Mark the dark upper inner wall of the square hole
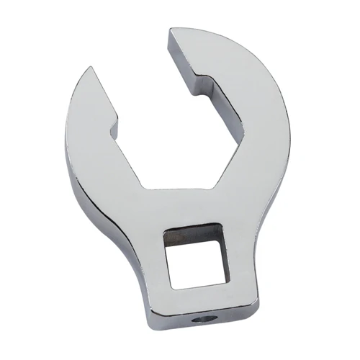tap(193, 232)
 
